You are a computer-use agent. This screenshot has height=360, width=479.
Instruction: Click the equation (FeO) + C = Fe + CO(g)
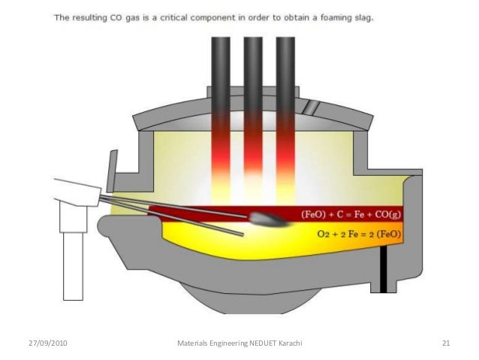pos(351,214)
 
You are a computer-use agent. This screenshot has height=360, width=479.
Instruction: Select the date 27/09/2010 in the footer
pos(47,343)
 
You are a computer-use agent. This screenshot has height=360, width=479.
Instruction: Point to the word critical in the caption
pos(201,17)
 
